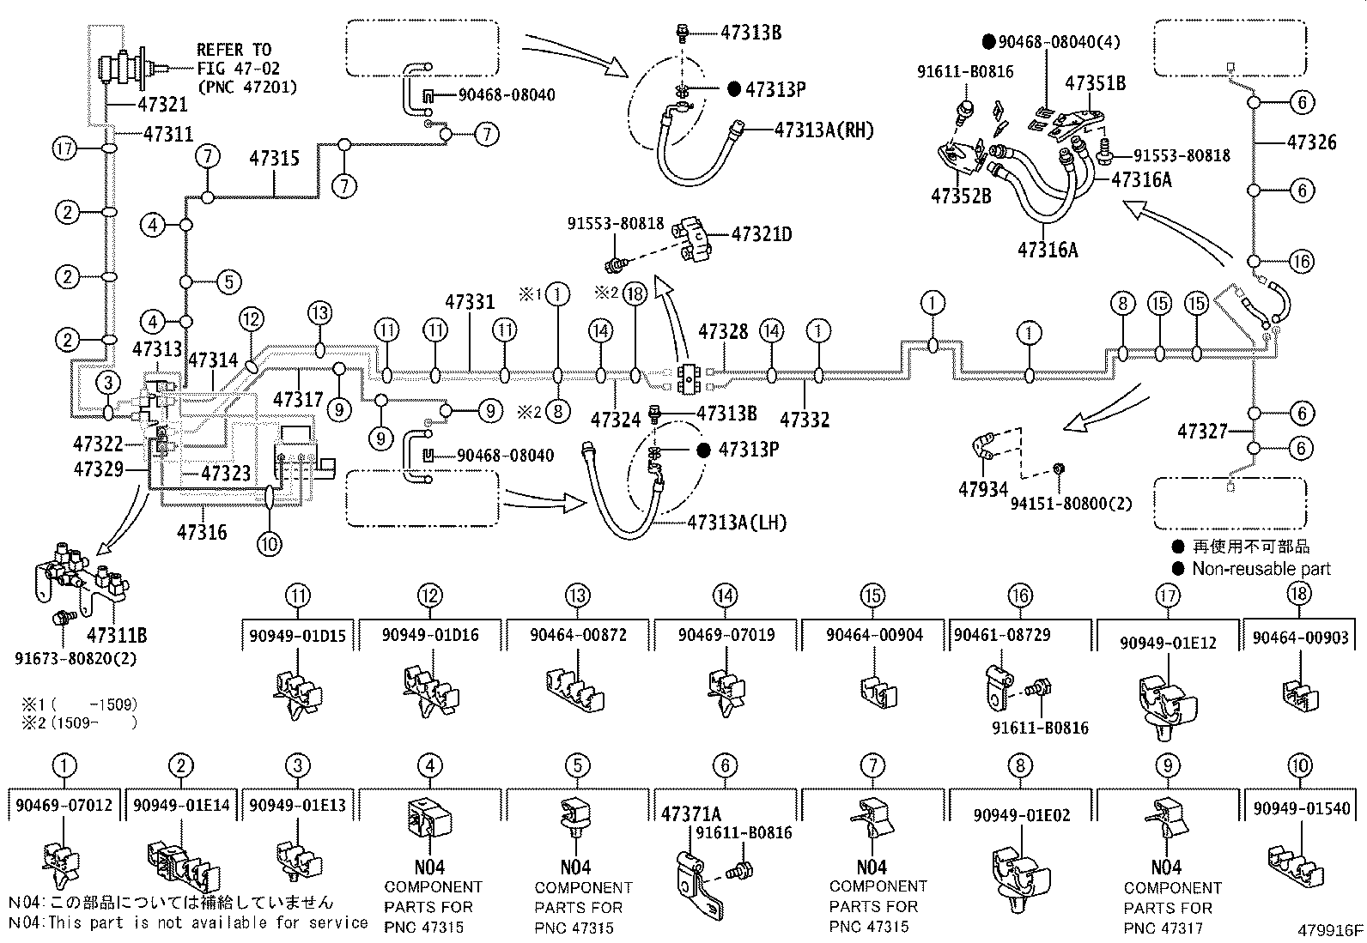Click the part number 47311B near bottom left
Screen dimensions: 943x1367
(117, 636)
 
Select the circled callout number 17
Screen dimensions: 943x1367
(65, 148)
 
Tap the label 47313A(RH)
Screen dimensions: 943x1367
(823, 130)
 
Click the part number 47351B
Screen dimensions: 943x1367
(1095, 83)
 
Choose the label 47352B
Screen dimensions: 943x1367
(961, 196)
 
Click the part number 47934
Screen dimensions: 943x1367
(983, 490)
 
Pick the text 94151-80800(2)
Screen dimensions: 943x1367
(1071, 503)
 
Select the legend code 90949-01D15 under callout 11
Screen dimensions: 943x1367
(298, 636)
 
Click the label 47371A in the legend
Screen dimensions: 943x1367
(691, 813)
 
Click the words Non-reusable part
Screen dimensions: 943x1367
(1261, 569)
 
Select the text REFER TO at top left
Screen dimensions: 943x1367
(234, 50)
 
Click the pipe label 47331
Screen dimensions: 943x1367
(470, 302)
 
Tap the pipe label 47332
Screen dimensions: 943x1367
(805, 420)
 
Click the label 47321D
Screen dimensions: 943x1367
(762, 233)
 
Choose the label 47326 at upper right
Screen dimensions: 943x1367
(1311, 142)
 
